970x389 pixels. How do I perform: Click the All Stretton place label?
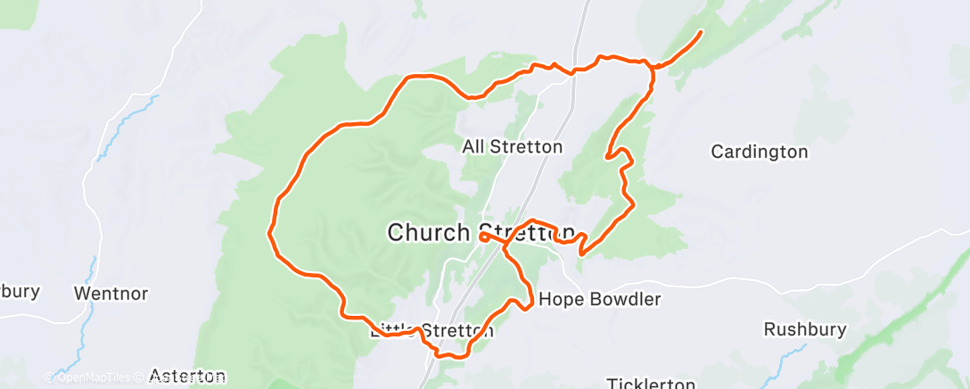(x=513, y=146)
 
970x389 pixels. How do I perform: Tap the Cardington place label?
(x=759, y=152)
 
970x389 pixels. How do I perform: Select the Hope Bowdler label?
(x=600, y=300)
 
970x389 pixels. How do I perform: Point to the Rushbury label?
(x=804, y=329)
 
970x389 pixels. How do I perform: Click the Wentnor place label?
(x=111, y=293)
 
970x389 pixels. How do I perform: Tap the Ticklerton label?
(x=650, y=384)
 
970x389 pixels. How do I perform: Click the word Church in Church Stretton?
(x=428, y=233)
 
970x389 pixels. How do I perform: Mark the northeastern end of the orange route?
(x=700, y=33)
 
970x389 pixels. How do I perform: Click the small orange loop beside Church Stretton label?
(x=483, y=237)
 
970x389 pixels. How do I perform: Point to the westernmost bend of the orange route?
(x=269, y=234)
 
